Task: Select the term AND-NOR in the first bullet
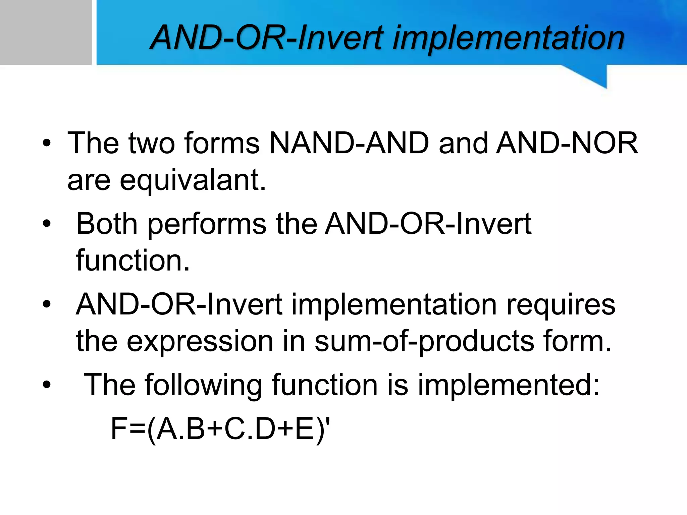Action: [567, 144]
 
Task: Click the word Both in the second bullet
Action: [107, 224]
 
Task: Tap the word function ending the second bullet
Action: [133, 261]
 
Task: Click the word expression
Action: [200, 342]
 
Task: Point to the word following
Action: [203, 386]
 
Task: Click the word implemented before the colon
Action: [505, 386]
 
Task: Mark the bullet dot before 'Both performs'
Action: [47, 224]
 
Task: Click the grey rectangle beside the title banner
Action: [46, 32]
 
